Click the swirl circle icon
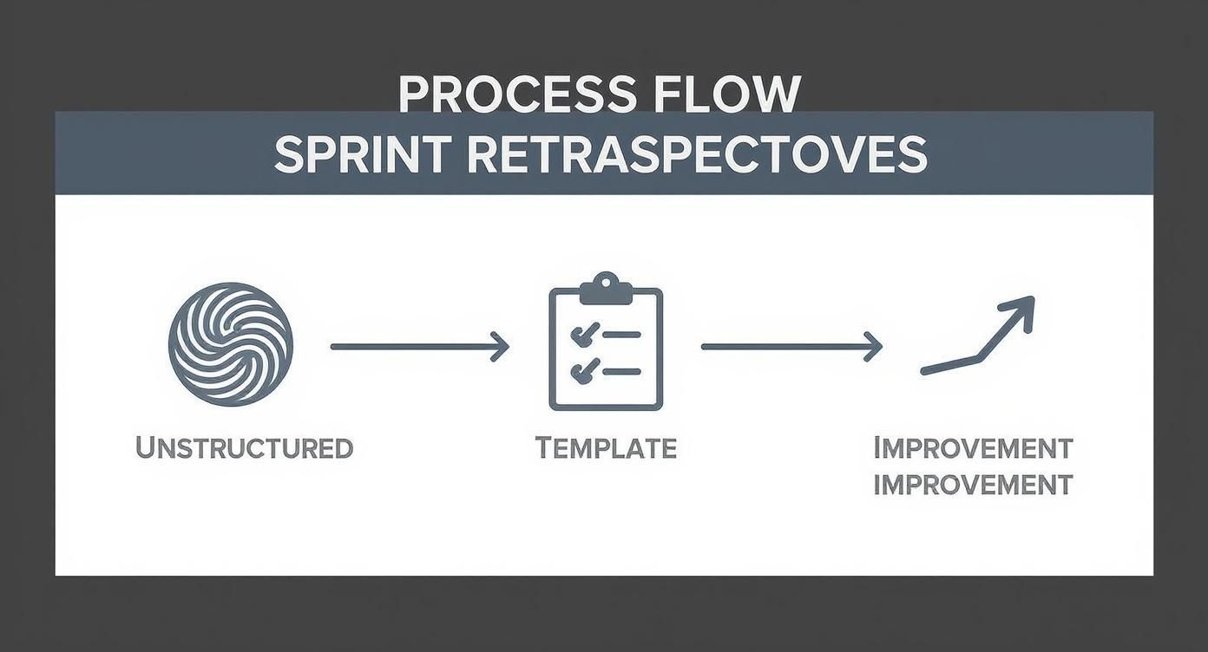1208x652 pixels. (x=230, y=345)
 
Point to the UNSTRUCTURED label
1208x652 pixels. (x=244, y=448)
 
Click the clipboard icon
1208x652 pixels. (x=606, y=347)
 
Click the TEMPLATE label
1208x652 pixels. (x=606, y=448)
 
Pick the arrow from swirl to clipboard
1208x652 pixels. (x=419, y=346)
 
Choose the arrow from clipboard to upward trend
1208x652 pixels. (x=791, y=346)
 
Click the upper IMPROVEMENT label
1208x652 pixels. (x=973, y=448)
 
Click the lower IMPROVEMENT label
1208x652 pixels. (x=973, y=484)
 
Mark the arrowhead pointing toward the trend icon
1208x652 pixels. (x=873, y=346)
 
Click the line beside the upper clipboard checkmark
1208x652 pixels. (x=621, y=334)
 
